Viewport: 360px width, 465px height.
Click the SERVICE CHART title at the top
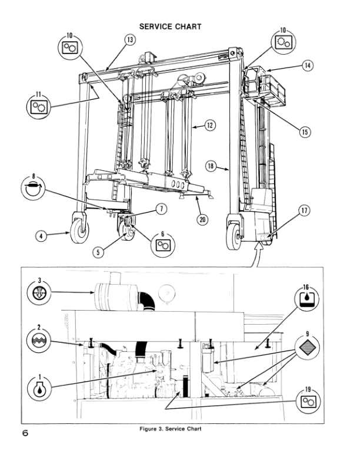(x=170, y=26)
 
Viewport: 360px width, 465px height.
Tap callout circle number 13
(x=130, y=39)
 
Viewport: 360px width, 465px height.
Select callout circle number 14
(x=307, y=66)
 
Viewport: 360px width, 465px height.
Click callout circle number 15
(x=304, y=132)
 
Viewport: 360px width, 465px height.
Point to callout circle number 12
(x=209, y=124)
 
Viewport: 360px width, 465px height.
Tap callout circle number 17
(x=304, y=211)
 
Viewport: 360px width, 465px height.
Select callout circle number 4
(x=41, y=236)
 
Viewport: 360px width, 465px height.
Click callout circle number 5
(x=99, y=252)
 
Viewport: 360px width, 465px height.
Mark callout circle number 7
(x=161, y=208)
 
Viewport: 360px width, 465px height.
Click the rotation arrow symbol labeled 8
(x=34, y=188)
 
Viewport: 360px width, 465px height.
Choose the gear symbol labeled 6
(x=163, y=245)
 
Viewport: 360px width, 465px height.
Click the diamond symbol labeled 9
(x=305, y=351)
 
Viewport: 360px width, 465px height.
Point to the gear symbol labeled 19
(x=306, y=402)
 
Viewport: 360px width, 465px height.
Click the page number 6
(x=25, y=433)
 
